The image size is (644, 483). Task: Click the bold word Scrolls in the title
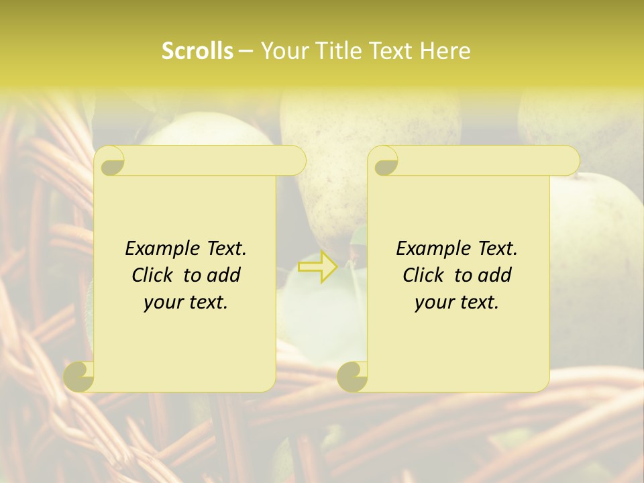(198, 51)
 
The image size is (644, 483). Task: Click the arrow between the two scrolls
(317, 266)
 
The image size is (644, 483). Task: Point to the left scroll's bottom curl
(79, 376)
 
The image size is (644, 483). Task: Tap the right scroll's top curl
(384, 162)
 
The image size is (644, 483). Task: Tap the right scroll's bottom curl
(353, 376)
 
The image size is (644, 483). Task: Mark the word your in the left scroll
(164, 303)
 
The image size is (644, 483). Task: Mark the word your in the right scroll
(435, 303)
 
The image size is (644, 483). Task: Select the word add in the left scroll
(225, 275)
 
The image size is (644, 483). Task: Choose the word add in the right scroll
(496, 275)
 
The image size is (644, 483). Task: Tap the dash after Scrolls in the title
(246, 52)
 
